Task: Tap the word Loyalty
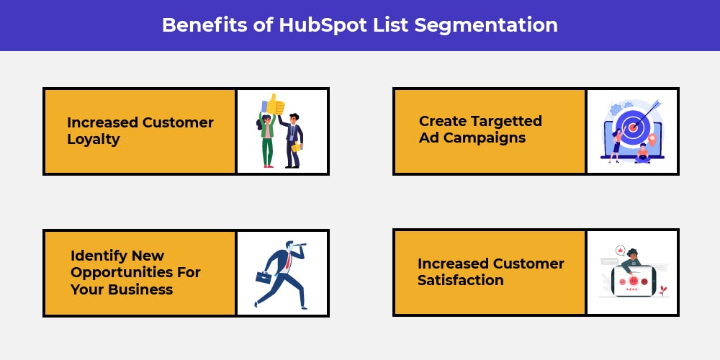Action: [94, 140]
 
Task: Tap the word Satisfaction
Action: [461, 280]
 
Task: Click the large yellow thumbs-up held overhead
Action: [274, 104]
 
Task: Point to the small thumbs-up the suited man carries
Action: [296, 146]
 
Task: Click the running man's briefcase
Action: [264, 277]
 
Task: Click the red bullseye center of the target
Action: [633, 127]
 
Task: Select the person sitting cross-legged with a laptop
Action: [642, 154]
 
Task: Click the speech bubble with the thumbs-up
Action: [621, 251]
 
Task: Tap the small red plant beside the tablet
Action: [662, 291]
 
